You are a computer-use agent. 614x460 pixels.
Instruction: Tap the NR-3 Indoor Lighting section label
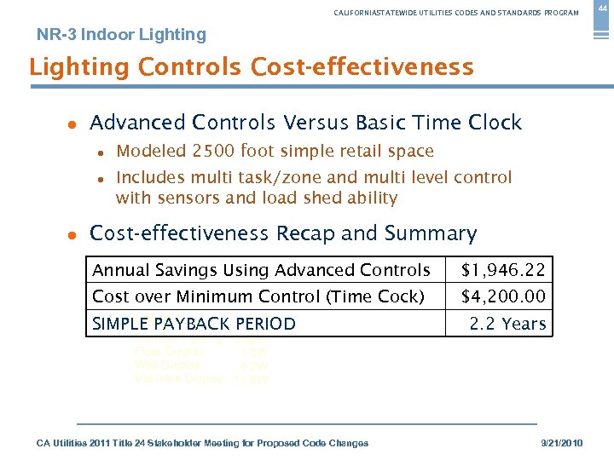[x=121, y=35]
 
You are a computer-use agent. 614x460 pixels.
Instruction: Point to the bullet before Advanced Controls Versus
[x=72, y=124]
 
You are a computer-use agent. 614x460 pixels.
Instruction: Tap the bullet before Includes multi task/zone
[x=101, y=179]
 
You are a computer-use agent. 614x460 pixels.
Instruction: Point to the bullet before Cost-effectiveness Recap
[x=72, y=234]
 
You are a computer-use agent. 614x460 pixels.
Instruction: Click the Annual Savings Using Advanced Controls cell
[x=261, y=271]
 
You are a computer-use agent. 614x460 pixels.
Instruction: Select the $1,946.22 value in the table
[x=503, y=271]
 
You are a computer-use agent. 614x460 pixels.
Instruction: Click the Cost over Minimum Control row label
[x=258, y=297]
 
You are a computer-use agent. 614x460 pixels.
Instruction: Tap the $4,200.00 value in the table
[x=503, y=297]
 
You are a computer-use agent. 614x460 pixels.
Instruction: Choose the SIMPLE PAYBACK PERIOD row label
[x=194, y=324]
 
